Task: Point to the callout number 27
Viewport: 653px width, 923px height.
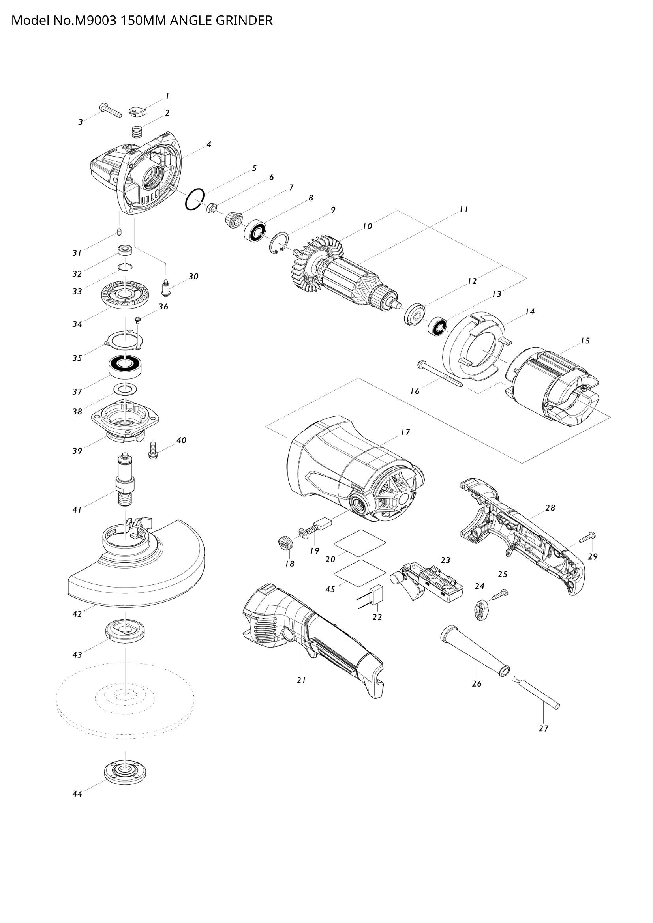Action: tap(543, 728)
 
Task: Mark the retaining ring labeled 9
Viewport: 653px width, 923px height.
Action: tap(278, 245)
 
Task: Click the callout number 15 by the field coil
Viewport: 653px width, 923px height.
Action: tap(585, 341)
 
